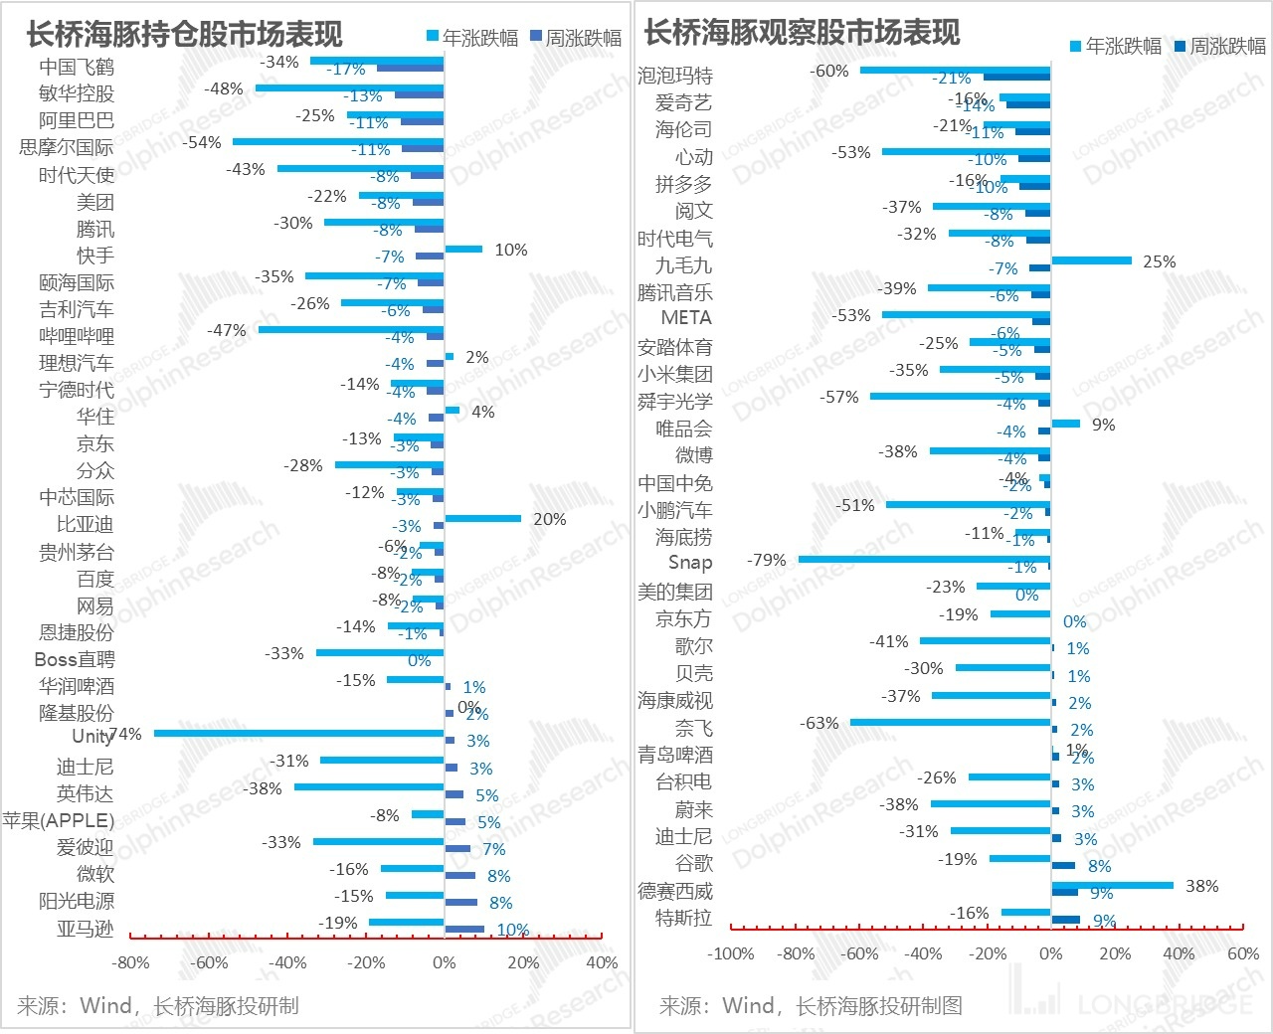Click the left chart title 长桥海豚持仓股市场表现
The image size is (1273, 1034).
(184, 35)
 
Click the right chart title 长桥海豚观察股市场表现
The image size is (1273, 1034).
(802, 33)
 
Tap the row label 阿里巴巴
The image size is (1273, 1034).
(77, 120)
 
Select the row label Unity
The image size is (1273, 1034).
(91, 736)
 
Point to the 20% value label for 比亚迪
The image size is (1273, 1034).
(549, 519)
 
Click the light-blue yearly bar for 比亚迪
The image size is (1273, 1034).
(482, 518)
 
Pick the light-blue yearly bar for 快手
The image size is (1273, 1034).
(463, 249)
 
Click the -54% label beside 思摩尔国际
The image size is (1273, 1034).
(202, 142)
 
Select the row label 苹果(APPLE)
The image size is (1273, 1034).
(58, 820)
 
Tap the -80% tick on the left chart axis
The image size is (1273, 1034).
(131, 962)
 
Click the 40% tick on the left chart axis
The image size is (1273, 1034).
(602, 962)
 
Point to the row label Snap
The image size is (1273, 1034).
(690, 563)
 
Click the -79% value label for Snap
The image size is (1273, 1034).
(766, 560)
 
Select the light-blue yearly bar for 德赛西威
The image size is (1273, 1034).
(1112, 884)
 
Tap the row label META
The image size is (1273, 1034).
(686, 318)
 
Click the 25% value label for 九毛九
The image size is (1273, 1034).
(1159, 261)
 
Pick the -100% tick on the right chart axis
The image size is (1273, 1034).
(731, 953)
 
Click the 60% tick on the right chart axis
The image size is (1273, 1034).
(1243, 953)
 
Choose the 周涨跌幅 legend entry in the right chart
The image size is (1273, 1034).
(1219, 46)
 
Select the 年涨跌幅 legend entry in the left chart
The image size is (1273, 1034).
(472, 38)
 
